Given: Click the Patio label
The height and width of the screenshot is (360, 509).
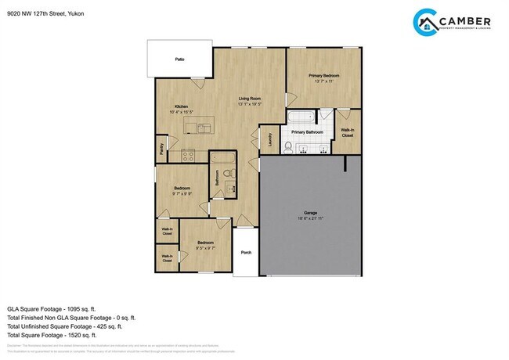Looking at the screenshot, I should [x=179, y=59].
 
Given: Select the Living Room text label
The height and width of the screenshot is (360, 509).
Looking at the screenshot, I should [x=250, y=98].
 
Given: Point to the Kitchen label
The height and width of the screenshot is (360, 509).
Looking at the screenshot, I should [x=181, y=106].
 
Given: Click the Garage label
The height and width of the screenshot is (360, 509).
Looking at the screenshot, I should [x=310, y=213].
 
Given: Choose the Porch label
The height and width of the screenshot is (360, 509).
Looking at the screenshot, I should [x=246, y=252].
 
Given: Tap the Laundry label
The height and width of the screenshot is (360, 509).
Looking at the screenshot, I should [x=269, y=139].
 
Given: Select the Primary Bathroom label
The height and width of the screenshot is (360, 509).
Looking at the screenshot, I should [x=307, y=132].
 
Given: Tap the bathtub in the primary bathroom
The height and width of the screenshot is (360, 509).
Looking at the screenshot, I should [x=301, y=117].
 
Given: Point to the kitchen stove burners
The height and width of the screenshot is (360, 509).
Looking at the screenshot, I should [x=188, y=155].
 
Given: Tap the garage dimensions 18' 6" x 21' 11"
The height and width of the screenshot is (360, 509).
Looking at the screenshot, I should [x=310, y=218].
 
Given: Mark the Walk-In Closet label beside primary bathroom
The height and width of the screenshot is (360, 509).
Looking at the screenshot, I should [x=347, y=133].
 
